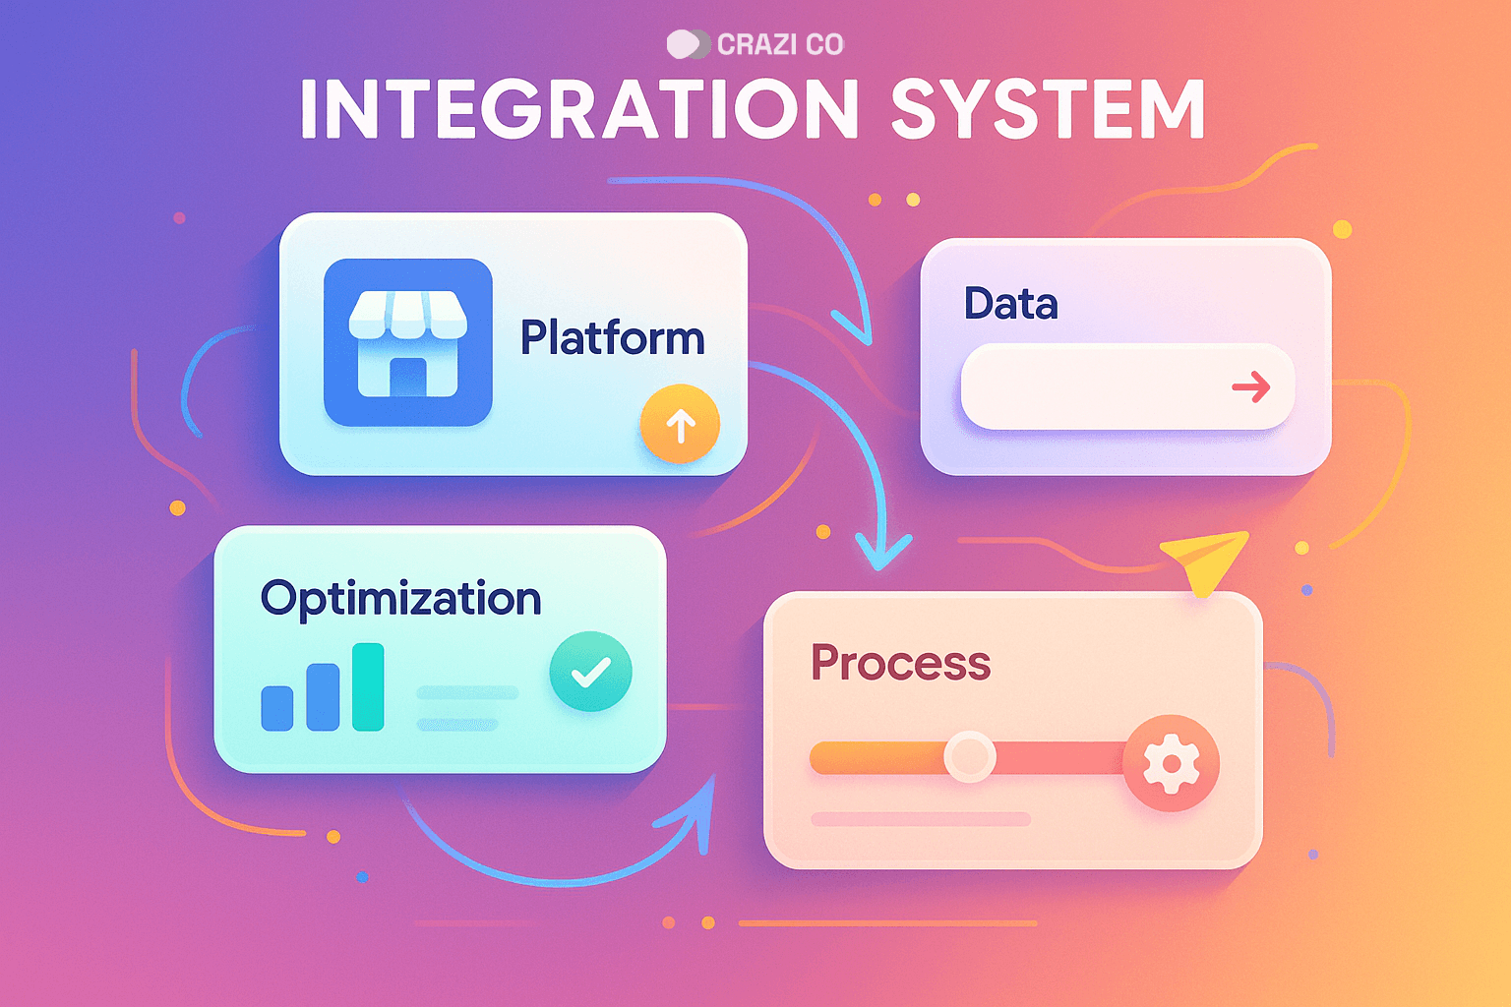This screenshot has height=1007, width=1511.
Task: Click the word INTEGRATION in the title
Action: [x=579, y=108]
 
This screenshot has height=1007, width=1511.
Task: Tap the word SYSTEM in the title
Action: [x=1049, y=108]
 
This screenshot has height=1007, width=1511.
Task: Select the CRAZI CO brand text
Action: [x=780, y=44]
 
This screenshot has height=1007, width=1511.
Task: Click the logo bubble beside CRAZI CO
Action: [x=688, y=44]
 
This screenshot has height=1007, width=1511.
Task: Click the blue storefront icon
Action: [x=408, y=342]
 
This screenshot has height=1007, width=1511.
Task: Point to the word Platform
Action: [x=613, y=337]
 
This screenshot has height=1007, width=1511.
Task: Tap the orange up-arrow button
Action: [x=680, y=424]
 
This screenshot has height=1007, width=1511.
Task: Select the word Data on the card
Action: [x=1010, y=303]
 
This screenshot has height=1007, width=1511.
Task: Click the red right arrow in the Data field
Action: [x=1251, y=387]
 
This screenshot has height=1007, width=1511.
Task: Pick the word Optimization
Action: [x=400, y=598]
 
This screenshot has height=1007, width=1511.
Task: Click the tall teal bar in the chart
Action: [x=368, y=686]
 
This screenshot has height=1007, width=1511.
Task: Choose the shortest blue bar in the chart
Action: [x=277, y=708]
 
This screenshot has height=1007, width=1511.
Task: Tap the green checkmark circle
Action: [x=591, y=672]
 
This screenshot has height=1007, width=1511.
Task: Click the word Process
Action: [x=900, y=662]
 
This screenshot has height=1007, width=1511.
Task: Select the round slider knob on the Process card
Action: [x=969, y=756]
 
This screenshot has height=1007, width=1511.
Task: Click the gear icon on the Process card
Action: [x=1171, y=763]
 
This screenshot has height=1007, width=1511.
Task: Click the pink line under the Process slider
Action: [x=921, y=819]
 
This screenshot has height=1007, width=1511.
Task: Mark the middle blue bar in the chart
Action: [x=323, y=697]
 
